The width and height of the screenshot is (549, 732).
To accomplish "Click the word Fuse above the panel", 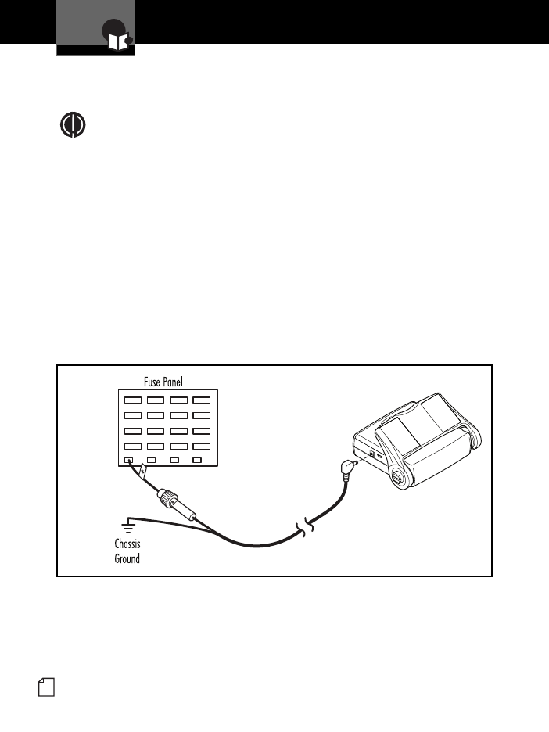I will [x=153, y=382].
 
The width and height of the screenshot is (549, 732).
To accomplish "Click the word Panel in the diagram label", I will [x=180, y=382].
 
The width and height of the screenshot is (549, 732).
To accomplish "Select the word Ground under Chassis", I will [x=127, y=559].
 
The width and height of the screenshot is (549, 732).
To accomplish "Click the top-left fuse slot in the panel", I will [x=132, y=399].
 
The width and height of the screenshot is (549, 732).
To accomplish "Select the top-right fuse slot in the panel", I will [x=202, y=399].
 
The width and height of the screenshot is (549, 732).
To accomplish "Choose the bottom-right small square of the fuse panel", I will [x=198, y=461].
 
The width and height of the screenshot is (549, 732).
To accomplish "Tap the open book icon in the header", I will [x=117, y=42].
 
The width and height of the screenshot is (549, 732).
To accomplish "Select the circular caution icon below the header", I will [x=73, y=126].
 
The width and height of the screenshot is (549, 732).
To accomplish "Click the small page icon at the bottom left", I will [x=46, y=688].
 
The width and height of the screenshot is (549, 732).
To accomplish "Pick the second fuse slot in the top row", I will [x=156, y=399].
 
